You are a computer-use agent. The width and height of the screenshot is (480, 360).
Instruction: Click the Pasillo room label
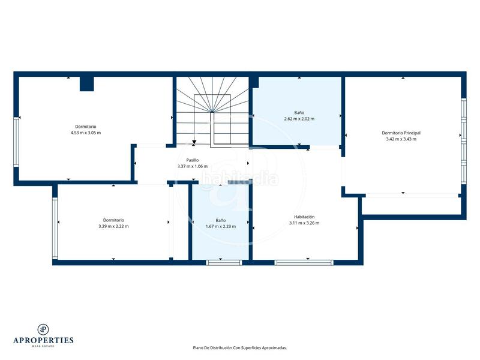192,160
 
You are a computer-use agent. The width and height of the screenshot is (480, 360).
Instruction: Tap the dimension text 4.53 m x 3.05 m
86,133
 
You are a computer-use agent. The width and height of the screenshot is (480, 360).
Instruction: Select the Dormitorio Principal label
401,133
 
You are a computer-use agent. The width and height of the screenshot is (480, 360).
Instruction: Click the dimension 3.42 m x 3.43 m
401,139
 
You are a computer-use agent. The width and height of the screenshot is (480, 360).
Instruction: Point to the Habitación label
304,217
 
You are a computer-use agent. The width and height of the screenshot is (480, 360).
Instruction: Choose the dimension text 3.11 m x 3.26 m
304,223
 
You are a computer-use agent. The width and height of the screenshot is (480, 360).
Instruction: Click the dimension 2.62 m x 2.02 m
299,119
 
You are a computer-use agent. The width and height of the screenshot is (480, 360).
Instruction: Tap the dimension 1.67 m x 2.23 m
220,227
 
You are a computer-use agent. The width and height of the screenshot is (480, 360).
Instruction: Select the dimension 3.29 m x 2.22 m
113,226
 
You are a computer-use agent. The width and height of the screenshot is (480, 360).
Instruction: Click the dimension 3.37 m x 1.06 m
192,166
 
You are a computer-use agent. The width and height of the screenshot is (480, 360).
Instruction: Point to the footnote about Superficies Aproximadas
239,347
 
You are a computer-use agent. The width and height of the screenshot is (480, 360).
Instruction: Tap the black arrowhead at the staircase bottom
194,143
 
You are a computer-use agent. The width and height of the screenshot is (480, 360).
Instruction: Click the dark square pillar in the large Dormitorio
87,83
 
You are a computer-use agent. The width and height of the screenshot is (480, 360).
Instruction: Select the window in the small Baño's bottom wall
224,262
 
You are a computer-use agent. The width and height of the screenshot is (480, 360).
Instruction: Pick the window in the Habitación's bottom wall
304,262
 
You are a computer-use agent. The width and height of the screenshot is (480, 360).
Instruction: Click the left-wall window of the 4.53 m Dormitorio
16,142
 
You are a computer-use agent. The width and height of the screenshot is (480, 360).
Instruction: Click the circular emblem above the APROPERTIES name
43,328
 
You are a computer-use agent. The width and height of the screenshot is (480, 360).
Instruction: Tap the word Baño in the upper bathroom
299,112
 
